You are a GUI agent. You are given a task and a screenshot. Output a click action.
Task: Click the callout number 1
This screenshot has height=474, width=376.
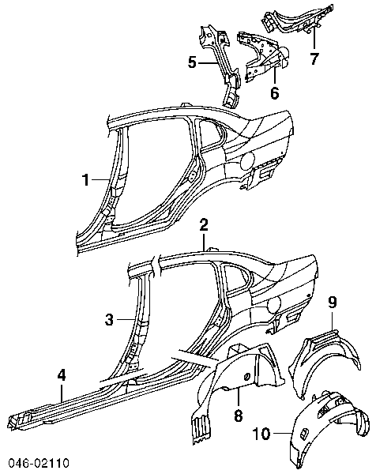[x=86, y=180]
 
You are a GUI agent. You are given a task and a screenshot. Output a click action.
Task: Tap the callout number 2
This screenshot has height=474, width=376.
[x=204, y=225]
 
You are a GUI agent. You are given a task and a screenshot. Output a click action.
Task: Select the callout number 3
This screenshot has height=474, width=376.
[x=110, y=319]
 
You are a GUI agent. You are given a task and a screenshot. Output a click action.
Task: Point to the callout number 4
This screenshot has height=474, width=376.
[x=62, y=375]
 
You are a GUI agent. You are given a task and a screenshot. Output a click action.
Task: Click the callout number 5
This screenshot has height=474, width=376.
[x=192, y=62]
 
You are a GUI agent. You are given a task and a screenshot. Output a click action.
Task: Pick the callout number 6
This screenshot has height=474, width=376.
[x=274, y=92]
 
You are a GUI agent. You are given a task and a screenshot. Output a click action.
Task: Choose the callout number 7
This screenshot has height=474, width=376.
[x=314, y=58]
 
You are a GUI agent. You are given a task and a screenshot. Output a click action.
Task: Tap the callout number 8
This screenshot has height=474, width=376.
[x=239, y=416]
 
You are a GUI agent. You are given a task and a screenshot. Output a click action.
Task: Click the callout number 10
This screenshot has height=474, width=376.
[x=261, y=434]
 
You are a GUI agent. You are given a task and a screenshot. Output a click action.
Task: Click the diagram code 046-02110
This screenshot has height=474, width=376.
[x=39, y=463]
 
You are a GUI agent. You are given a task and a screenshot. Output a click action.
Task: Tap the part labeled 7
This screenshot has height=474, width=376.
[x=298, y=17]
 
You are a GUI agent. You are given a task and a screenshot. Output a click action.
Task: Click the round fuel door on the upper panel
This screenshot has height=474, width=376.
[x=248, y=160]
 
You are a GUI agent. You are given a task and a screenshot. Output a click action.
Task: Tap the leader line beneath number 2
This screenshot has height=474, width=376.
[x=204, y=242]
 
